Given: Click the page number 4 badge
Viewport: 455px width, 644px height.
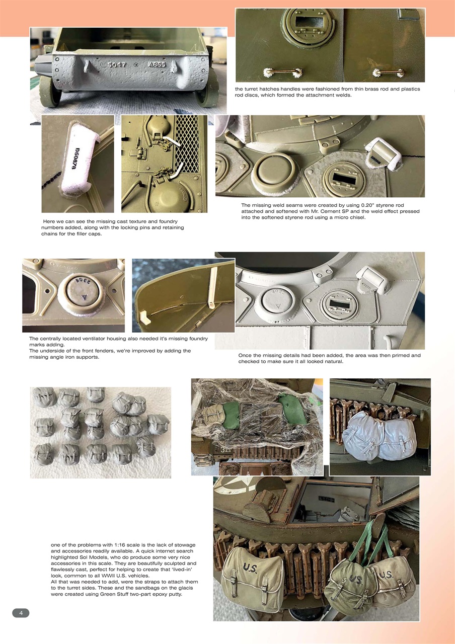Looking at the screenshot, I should coord(21,613).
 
